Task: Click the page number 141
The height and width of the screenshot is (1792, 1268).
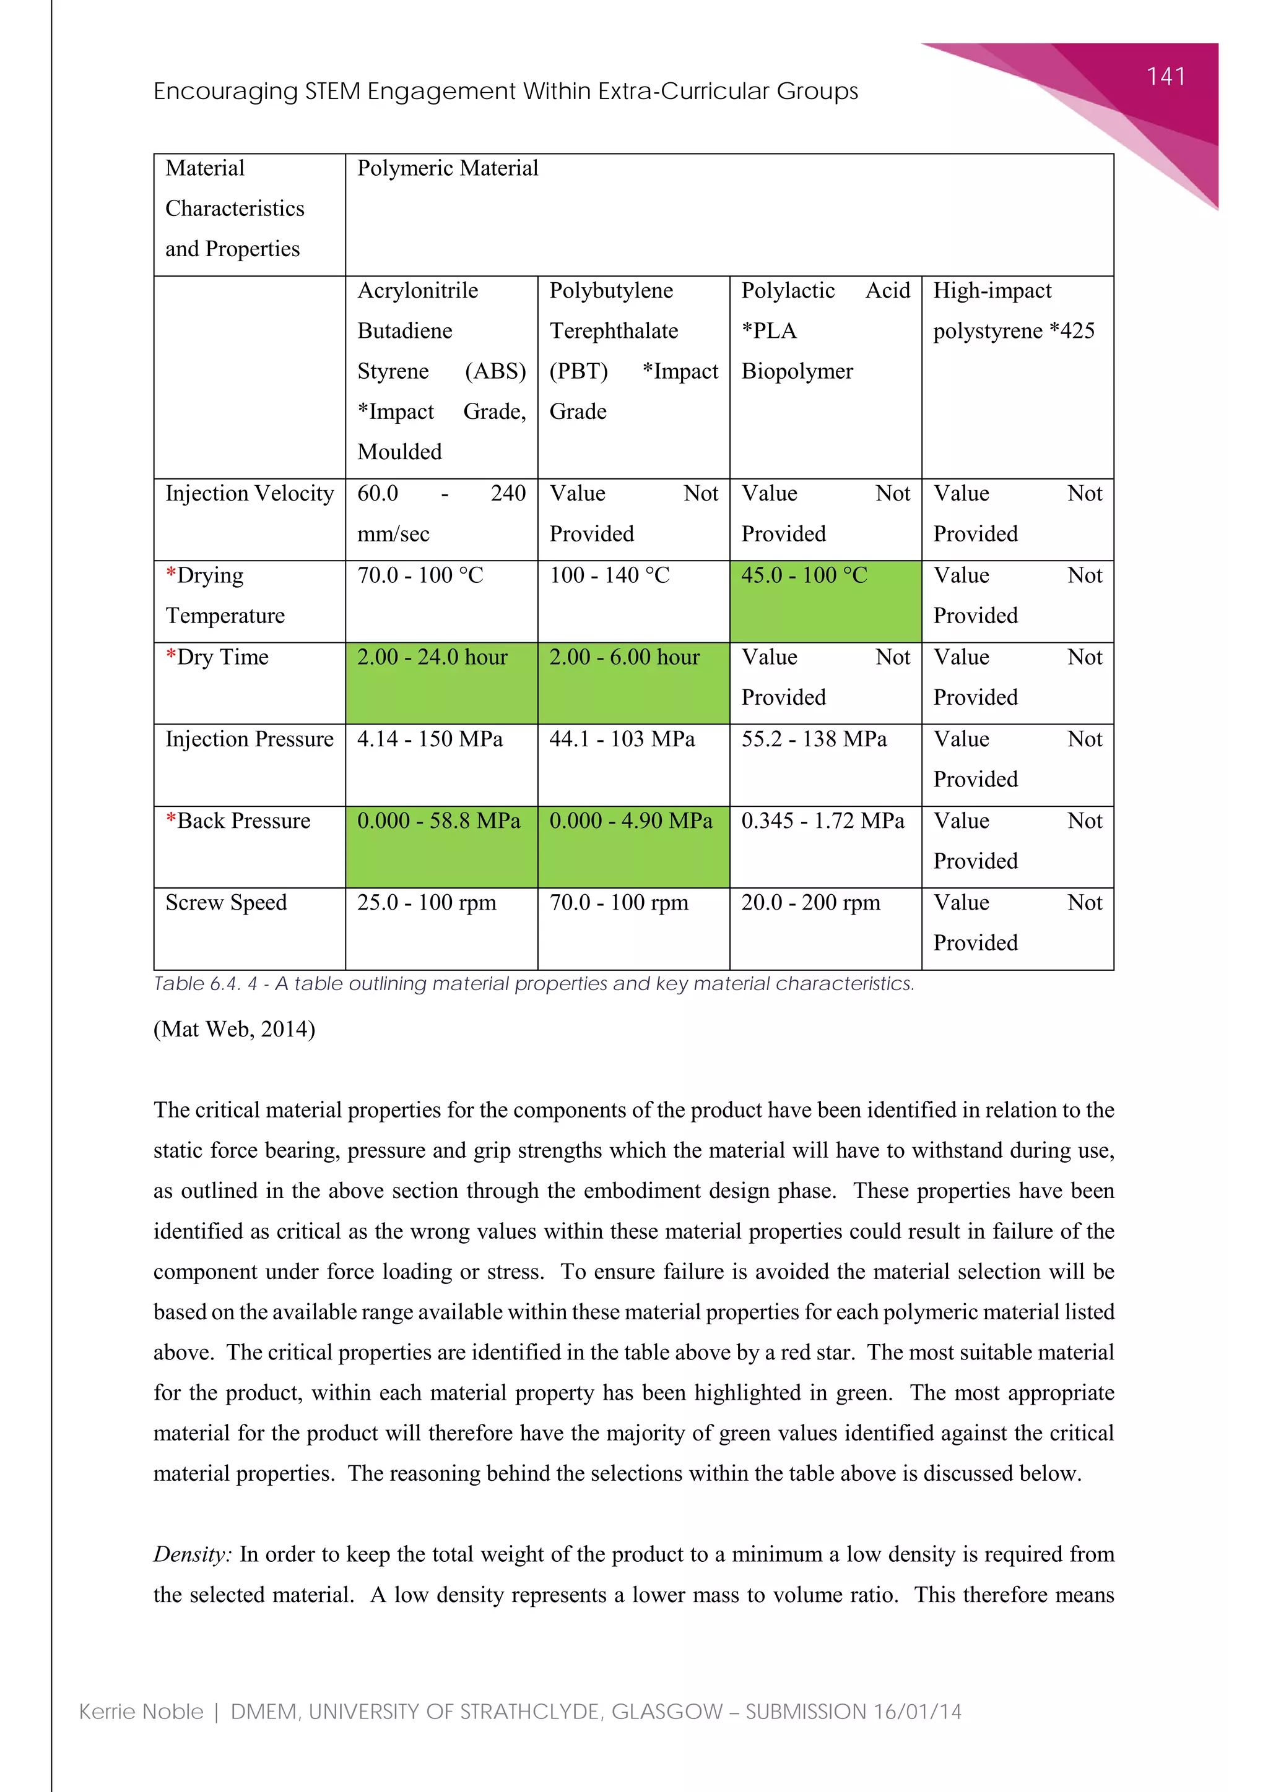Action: point(1165,77)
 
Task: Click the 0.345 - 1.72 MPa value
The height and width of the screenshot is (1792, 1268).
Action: point(822,821)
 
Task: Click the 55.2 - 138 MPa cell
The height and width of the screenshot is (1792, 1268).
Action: point(814,739)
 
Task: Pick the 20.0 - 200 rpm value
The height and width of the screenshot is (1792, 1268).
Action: point(810,903)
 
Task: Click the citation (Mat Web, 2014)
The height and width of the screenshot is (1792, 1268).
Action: point(234,1030)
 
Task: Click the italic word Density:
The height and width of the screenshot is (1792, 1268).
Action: point(192,1554)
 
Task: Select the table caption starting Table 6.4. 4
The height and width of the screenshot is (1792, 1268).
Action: point(533,984)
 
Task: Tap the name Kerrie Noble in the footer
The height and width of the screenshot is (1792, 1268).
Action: point(141,1712)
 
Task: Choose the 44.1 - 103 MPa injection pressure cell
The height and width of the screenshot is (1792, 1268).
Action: point(622,739)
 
